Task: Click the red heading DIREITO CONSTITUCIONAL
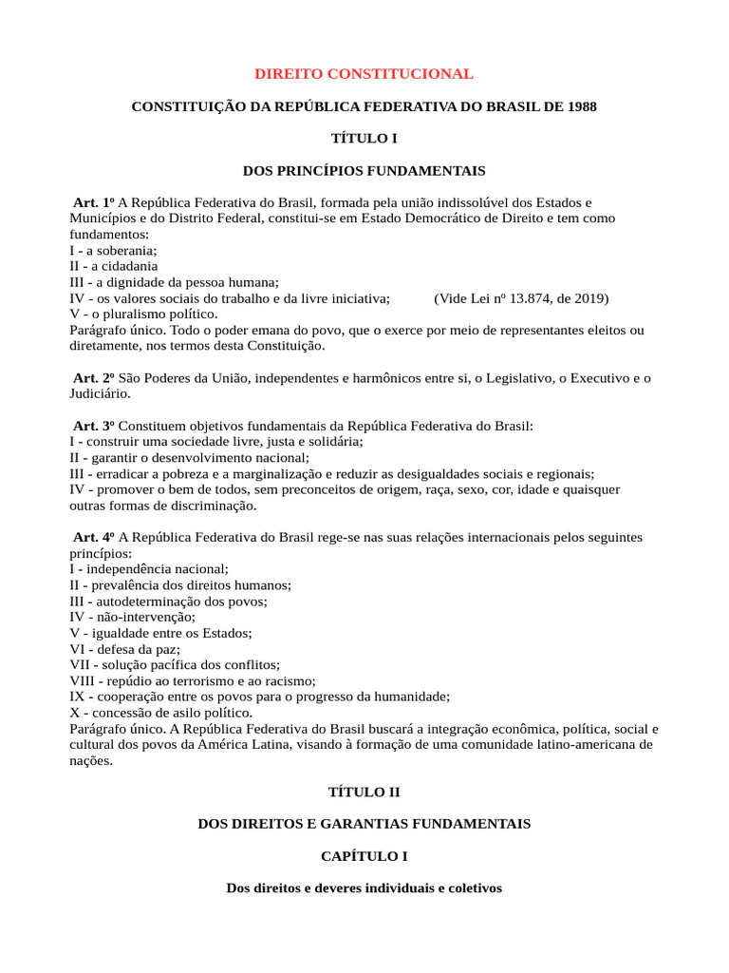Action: tap(364, 74)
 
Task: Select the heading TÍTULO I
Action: tap(364, 139)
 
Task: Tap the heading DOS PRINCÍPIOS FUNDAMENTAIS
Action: tap(364, 171)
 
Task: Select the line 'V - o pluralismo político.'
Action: tap(143, 314)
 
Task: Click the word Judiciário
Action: tap(101, 394)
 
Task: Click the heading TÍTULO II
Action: tap(364, 791)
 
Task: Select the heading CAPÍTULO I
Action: tap(364, 856)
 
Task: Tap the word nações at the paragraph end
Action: tap(91, 761)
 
